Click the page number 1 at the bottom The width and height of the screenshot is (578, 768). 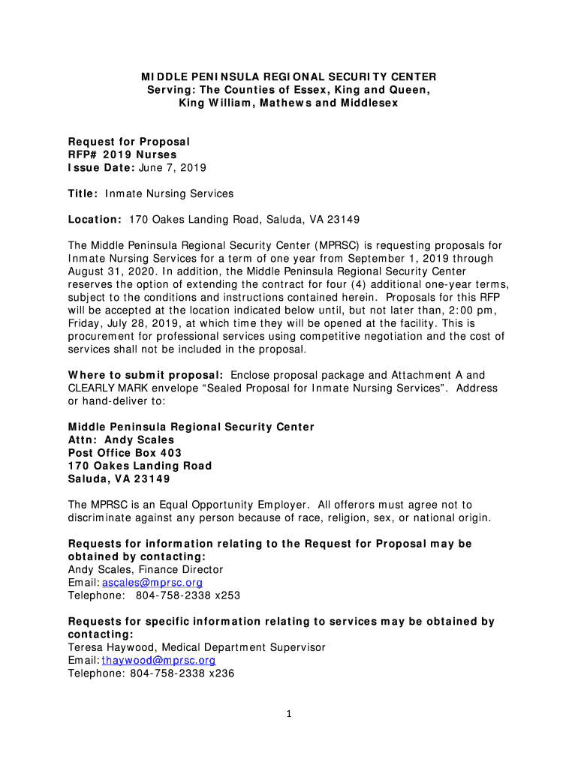pyautogui.click(x=289, y=714)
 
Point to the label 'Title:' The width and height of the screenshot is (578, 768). pyautogui.click(x=83, y=193)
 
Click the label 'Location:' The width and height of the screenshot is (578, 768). pyautogui.click(x=95, y=219)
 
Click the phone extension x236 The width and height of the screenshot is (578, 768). pyautogui.click(x=220, y=673)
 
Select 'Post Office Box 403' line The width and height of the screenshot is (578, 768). pyautogui.click(x=125, y=453)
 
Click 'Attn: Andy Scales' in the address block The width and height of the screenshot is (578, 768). pyautogui.click(x=121, y=439)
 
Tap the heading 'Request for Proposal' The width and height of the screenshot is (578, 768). pyautogui.click(x=129, y=141)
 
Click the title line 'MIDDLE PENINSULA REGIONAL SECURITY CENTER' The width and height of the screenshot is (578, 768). pyautogui.click(x=289, y=77)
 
